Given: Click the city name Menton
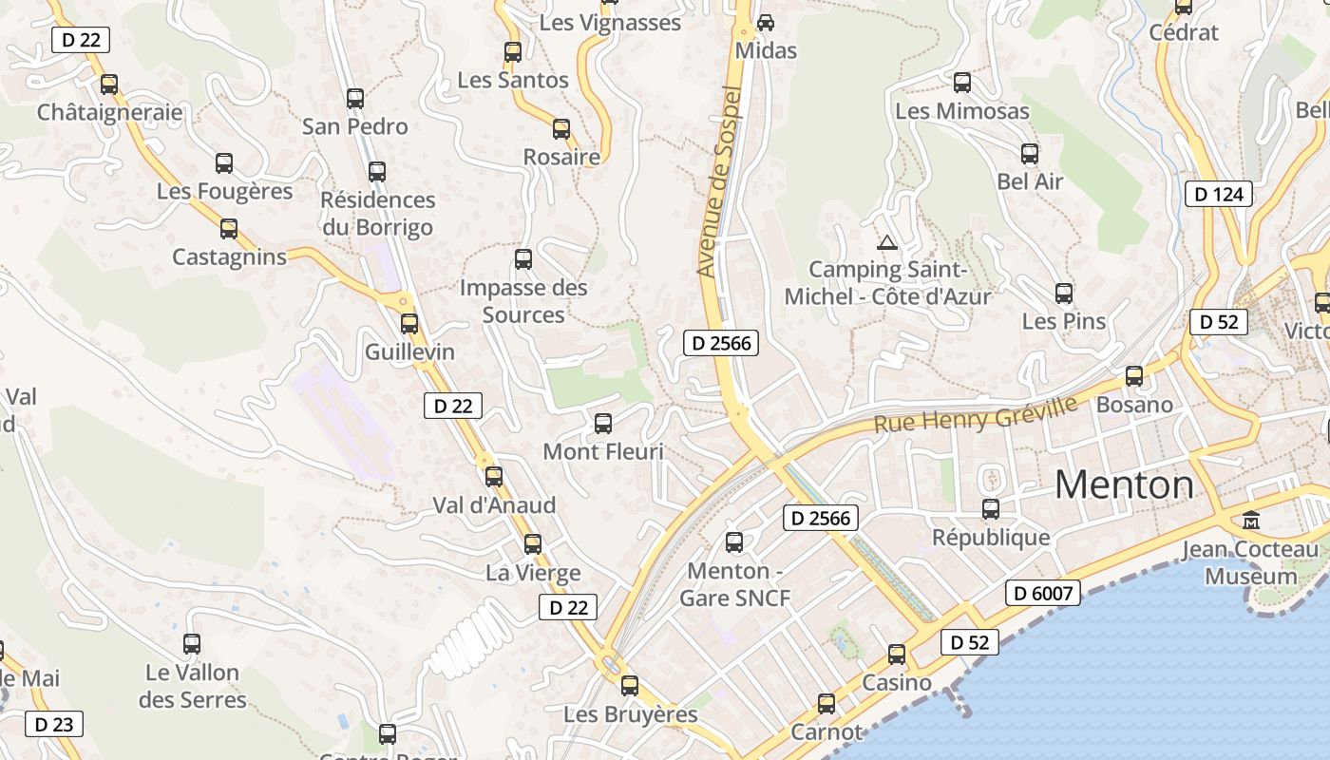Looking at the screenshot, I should coord(1124,485).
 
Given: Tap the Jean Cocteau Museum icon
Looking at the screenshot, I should coord(1251,521).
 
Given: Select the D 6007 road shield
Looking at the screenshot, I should coord(1042,594).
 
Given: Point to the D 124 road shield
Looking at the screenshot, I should coord(1219,195).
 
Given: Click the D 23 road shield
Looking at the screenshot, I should coord(54,724).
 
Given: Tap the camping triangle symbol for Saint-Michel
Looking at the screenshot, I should coord(886,242).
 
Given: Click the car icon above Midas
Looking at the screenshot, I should coord(766,22).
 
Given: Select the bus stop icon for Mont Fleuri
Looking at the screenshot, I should coord(603,424).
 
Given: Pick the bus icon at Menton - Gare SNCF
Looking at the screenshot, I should coord(734,542).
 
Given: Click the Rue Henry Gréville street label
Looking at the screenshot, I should coord(976,415).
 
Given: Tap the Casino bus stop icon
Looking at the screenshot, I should coord(897,655).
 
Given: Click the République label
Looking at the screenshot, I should coord(991,538).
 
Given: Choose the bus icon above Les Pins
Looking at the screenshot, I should coord(1064,294).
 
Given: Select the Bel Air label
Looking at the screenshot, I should coord(1030,181).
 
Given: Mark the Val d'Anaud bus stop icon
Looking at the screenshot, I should coord(494,477).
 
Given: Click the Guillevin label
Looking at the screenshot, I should coord(410,352).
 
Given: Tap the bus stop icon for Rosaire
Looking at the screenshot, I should coord(561,129).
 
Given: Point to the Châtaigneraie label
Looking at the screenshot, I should coord(109,112).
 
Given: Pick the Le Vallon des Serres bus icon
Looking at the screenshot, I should coord(192,644).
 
